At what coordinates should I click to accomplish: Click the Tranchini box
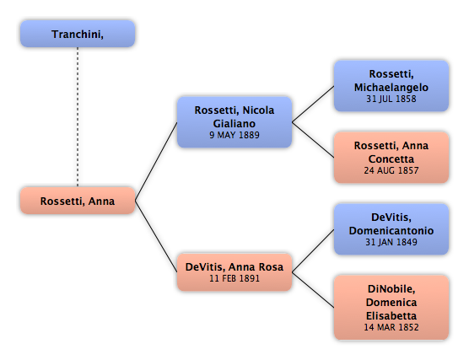coord(78,34)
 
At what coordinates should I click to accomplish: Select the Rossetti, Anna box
coord(78,201)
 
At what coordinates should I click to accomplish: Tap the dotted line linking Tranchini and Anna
coord(78,117)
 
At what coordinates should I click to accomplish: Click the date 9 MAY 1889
coord(234,135)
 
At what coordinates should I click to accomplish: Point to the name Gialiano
coord(234,123)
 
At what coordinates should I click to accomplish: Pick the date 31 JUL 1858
coord(391,99)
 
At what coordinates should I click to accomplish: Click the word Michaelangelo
coord(391,88)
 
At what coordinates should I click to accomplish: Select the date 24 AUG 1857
coord(391,170)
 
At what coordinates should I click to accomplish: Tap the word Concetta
coord(391,159)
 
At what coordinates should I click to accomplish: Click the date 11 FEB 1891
coord(234,278)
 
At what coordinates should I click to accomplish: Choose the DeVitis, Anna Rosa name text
coord(234,266)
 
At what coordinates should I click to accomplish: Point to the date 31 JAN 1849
coord(391,242)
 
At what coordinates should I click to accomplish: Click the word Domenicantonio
coord(391,230)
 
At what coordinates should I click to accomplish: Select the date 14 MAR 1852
coord(391,327)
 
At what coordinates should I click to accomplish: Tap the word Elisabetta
coord(391,316)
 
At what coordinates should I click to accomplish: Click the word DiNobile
coord(391,289)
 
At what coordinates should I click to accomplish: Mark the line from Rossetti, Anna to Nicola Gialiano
coord(156,162)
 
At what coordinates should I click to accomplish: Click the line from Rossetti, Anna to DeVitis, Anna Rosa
coord(156,236)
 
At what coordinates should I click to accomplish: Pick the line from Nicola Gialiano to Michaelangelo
coord(313,104)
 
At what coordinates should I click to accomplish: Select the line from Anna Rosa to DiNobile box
coord(313,290)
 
